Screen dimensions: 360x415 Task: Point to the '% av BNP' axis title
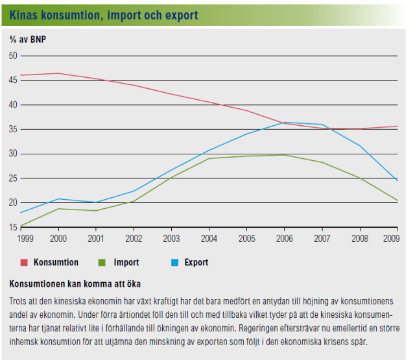click(28, 39)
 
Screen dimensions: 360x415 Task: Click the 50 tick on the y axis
click(13, 56)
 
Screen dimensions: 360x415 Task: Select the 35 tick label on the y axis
click(13, 129)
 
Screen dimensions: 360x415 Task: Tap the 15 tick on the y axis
click(13, 227)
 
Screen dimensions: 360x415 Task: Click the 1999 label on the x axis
click(27, 238)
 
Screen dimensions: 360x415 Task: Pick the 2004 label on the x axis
click(209, 238)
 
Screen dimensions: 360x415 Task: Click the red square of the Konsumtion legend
click(25, 263)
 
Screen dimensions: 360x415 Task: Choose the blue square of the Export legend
click(175, 263)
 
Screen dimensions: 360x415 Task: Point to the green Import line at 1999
click(21, 226)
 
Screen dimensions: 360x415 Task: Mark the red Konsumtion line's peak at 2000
click(58, 73)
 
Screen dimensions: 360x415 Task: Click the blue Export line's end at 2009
click(397, 180)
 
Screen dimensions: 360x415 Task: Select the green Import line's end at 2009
click(397, 200)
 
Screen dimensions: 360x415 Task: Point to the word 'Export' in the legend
click(196, 263)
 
